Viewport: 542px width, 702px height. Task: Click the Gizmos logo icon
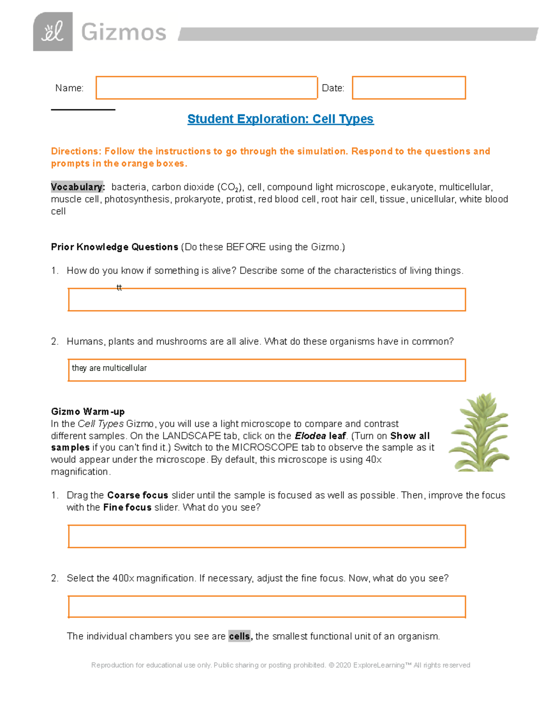coord(53,32)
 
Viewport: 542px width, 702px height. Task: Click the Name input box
coord(206,88)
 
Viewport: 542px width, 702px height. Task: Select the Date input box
coord(408,88)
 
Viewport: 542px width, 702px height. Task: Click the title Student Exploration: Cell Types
coord(280,119)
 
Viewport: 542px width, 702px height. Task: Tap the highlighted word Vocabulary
coord(77,187)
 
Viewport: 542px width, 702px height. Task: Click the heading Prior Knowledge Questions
coord(114,247)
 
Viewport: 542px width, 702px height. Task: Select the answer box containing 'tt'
coord(266,300)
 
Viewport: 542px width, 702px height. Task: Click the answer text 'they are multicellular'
coord(109,368)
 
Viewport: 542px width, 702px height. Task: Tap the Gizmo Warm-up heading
coord(88,412)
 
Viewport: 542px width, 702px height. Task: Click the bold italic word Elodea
coord(310,436)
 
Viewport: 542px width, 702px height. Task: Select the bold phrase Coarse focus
coord(137,495)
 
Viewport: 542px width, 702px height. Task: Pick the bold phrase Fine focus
coord(127,508)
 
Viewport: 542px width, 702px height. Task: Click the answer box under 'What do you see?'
coord(266,537)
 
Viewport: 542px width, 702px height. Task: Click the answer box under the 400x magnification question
coord(266,607)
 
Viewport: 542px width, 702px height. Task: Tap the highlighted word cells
coord(239,636)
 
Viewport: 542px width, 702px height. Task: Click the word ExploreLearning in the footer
coord(378,665)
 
